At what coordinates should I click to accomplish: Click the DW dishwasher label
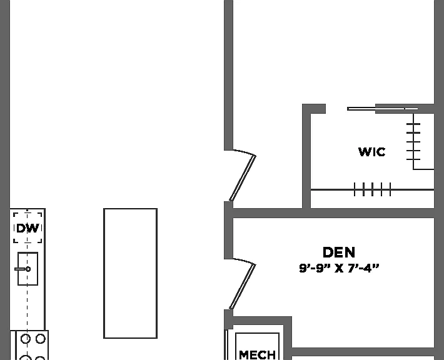[x=28, y=228]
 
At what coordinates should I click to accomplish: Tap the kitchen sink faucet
[x=23, y=269]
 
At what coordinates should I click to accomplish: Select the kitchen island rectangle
[x=130, y=273]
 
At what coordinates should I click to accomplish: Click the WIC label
[x=371, y=152]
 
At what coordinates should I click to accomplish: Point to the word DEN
[x=339, y=252]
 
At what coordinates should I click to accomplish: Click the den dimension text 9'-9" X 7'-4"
[x=339, y=268]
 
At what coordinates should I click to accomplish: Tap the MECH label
[x=257, y=354]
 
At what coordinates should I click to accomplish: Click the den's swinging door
[x=243, y=286]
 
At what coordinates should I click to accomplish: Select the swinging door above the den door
[x=243, y=177]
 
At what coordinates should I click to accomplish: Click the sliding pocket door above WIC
[x=382, y=109]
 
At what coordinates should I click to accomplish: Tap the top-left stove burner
[x=26, y=339]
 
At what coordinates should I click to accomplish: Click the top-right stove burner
[x=41, y=339]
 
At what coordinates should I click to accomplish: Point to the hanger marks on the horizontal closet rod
[x=372, y=189]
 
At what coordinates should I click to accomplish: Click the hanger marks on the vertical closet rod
[x=413, y=141]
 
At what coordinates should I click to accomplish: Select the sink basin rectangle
[x=28, y=269]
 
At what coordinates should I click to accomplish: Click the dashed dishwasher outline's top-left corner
[x=14, y=213]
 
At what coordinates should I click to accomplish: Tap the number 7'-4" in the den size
[x=363, y=268]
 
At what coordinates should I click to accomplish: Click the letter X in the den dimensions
[x=339, y=268]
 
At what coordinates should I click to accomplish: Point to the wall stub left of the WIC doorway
[x=315, y=109]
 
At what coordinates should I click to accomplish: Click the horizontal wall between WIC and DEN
[x=333, y=213]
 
